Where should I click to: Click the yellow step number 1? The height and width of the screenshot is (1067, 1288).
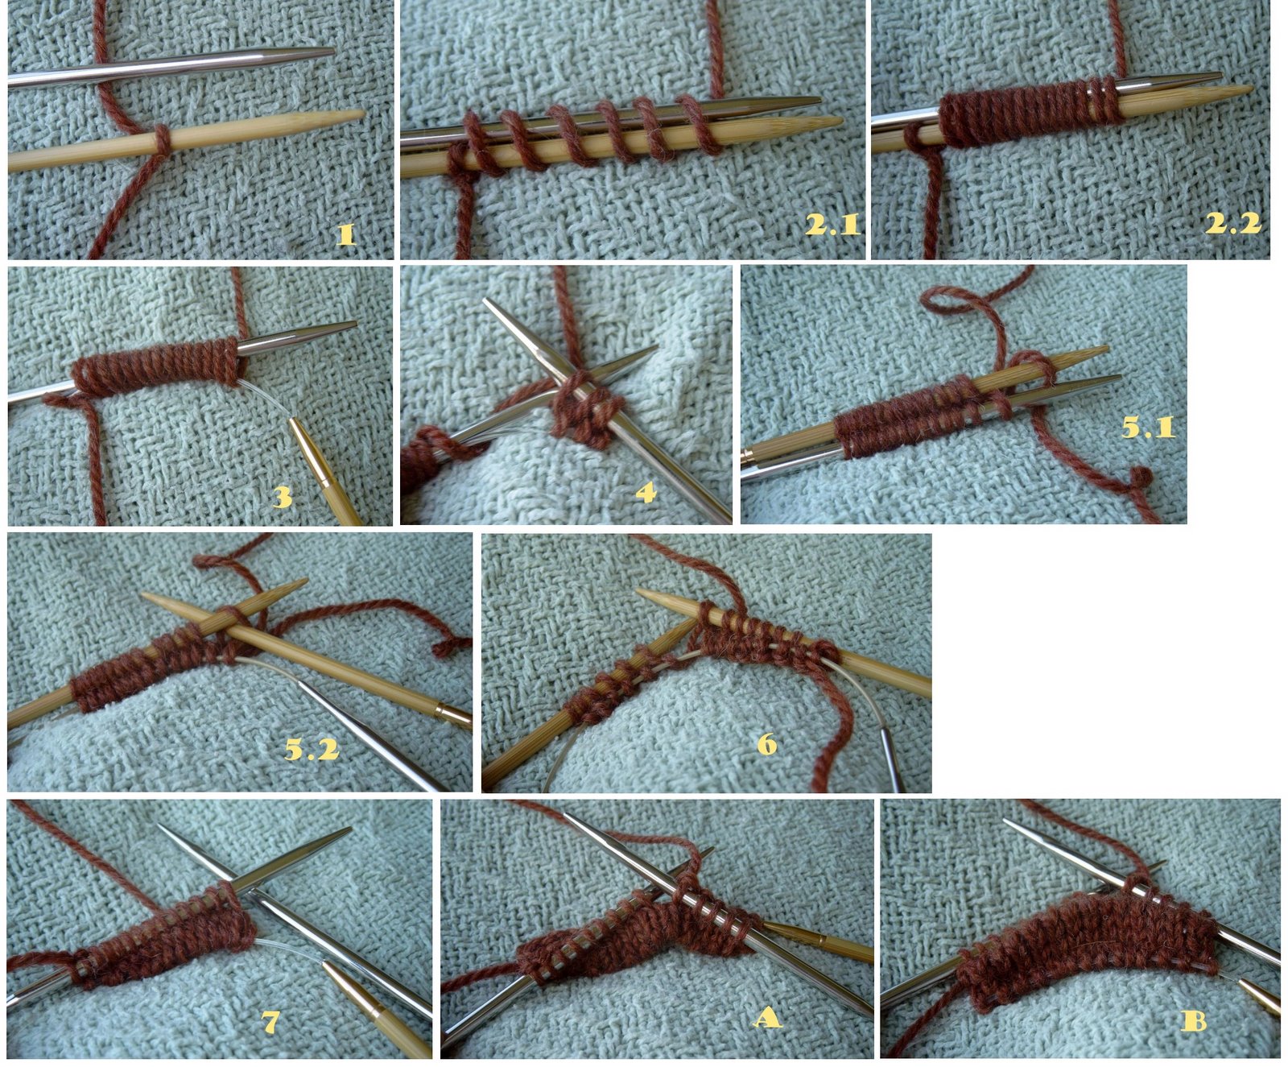pos(345,234)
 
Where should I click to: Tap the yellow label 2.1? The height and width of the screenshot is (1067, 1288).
pos(832,224)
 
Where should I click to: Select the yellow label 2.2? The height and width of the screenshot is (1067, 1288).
pos(1232,222)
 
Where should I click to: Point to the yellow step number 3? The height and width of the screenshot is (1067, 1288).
pos(282,497)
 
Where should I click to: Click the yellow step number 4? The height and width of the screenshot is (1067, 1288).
pos(646,491)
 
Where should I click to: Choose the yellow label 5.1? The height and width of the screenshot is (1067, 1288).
pos(1149,427)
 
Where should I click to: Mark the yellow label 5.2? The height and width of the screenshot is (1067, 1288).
pos(312,750)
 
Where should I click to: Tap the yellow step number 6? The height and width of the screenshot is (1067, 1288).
pos(766,743)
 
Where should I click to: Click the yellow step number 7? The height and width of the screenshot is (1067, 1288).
pos(270,1022)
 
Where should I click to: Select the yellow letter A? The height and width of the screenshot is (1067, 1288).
pos(766,1018)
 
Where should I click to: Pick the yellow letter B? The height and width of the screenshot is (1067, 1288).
pos(1193,1021)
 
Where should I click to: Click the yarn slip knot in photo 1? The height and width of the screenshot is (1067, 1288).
pos(162,139)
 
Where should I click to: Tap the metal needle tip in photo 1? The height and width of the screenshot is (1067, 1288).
pos(331,52)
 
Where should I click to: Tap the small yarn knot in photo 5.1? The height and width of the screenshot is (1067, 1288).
pos(1141,478)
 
